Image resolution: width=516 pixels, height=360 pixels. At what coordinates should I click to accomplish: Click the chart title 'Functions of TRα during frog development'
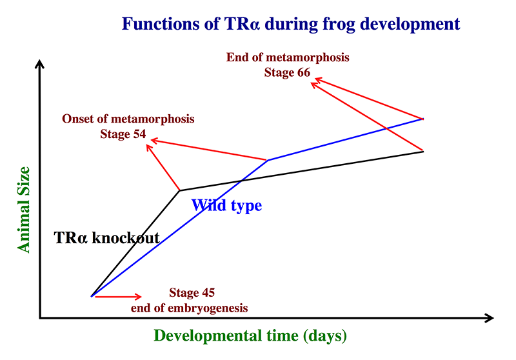coord(291,24)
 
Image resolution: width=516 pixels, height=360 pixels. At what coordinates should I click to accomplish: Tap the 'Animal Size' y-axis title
coord(24,210)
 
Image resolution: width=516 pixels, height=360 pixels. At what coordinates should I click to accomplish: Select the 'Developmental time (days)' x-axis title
coord(250,336)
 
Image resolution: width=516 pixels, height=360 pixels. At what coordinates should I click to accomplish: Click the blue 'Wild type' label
coord(227,206)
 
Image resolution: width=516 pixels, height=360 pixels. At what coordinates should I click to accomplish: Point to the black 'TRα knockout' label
coord(106,237)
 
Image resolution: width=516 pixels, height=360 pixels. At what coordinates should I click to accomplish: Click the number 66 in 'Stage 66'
coord(303,72)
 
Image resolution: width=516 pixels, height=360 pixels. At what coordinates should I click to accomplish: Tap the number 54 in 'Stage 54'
coord(139,134)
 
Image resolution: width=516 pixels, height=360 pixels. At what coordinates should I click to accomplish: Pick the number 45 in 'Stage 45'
coord(208,292)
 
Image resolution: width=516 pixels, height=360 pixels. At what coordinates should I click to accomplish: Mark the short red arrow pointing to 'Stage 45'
coord(118,297)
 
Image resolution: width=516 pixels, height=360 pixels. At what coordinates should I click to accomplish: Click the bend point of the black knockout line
coord(180,190)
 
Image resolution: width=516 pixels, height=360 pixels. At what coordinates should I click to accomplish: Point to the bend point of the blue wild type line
coord(268,160)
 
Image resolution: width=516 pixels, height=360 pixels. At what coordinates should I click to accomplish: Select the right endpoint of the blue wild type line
coord(423,119)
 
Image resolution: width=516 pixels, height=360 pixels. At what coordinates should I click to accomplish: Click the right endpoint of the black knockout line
coord(423,152)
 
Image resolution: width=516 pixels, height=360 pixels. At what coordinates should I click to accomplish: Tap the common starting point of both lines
coord(92,296)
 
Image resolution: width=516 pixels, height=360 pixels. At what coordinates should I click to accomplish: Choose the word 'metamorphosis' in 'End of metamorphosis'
coord(308,57)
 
